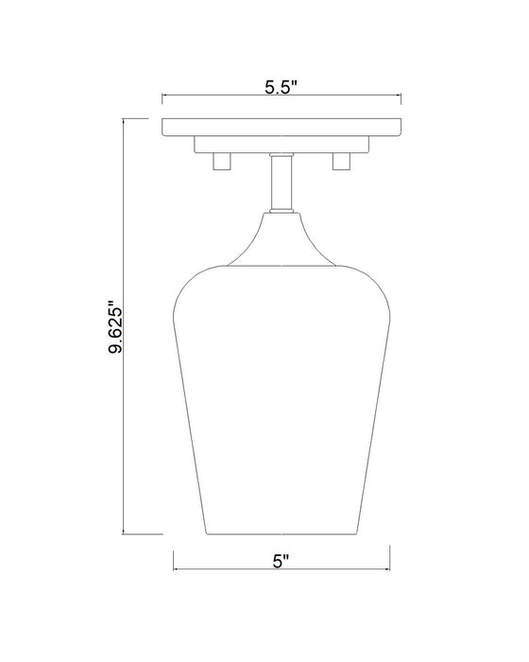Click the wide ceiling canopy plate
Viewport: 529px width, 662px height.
(x=282, y=126)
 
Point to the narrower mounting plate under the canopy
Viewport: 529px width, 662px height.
(x=282, y=144)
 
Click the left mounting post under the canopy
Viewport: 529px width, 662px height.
(x=222, y=162)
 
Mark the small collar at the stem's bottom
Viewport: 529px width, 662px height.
(x=281, y=211)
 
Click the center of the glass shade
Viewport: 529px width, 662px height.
(x=281, y=397)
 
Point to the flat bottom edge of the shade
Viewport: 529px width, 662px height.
(x=281, y=532)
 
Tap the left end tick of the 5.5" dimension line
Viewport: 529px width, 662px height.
(x=162, y=96)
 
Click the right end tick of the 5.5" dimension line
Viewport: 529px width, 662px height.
(x=401, y=96)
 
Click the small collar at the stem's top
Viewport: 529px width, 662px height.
(x=281, y=155)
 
